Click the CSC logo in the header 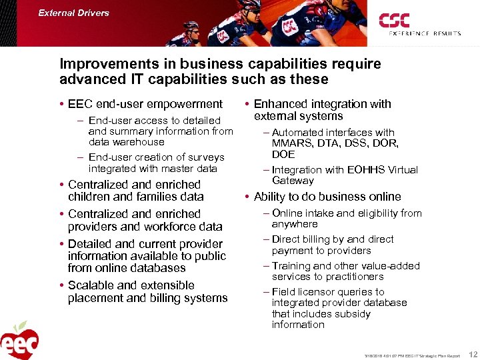(x=394, y=20)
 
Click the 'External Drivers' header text (x=73, y=13)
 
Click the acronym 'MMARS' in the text (x=289, y=143)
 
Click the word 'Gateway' (x=293, y=181)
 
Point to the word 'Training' (x=295, y=265)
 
